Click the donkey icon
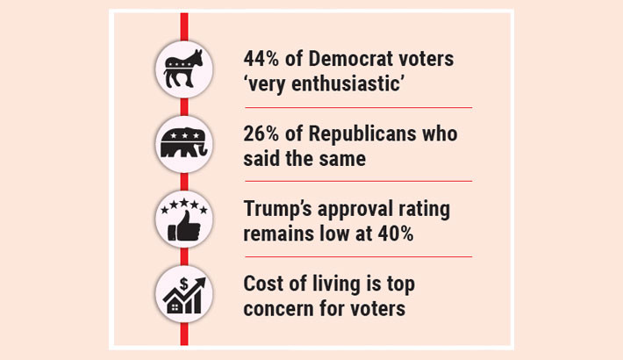coord(184,68)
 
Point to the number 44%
coord(261,59)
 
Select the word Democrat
coord(347,59)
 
